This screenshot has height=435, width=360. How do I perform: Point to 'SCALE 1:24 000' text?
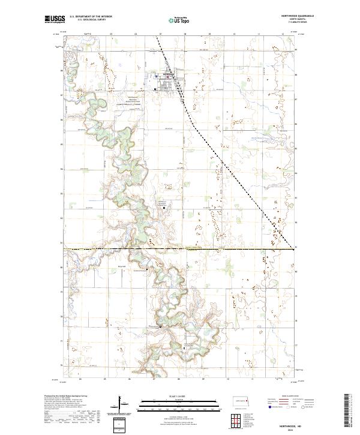tap(171, 395)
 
